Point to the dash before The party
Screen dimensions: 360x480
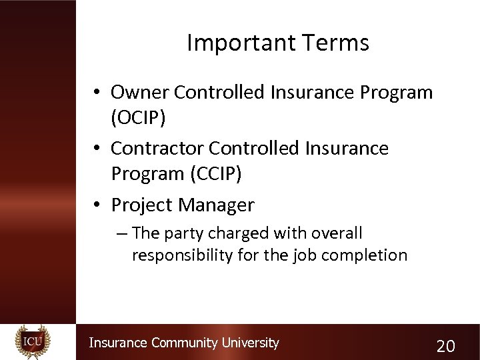click(119, 233)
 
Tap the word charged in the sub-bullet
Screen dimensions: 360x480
click(234, 233)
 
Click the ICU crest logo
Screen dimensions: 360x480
click(33, 342)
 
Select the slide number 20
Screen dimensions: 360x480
click(445, 345)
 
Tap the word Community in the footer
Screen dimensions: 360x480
click(185, 343)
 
